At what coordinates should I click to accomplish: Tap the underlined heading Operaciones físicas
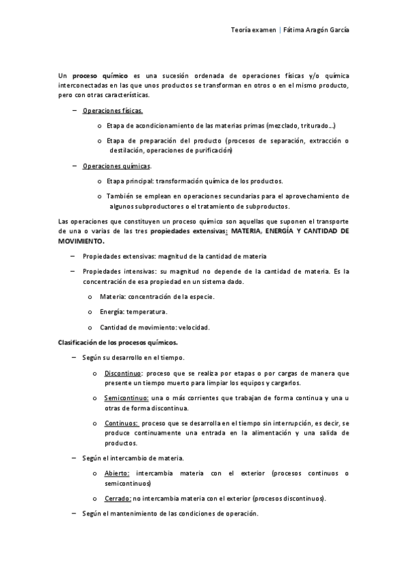tap(113, 110)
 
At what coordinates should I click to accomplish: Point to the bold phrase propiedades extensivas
tap(188, 232)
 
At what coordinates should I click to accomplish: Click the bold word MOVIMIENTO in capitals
tap(82, 240)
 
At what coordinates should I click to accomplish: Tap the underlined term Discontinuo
tap(124, 374)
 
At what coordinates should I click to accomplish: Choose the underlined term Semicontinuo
tap(126, 398)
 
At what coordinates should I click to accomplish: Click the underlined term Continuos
tap(122, 423)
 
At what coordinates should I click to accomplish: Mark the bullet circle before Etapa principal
tap(100, 181)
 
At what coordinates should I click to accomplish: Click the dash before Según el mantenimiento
tap(73, 514)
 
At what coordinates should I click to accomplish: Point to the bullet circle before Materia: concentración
tap(90, 297)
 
